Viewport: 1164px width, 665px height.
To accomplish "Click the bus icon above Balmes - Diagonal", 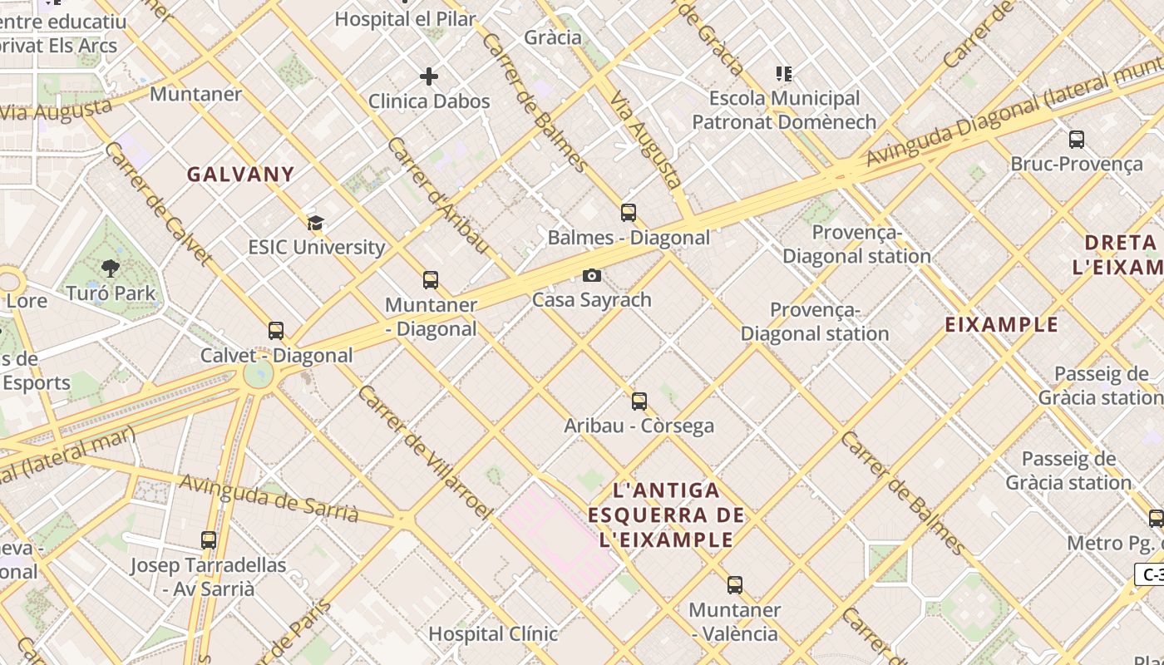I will point(629,213).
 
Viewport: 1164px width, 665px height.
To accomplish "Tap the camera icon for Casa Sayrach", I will point(591,275).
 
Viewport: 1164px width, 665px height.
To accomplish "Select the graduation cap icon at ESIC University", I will point(315,223).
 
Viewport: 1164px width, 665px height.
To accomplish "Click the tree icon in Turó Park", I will point(110,268).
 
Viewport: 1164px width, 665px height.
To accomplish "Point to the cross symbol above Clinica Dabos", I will point(428,77).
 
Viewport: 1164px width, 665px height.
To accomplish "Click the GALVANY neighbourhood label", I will point(240,175).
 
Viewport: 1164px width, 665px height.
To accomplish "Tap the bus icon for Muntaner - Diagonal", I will point(430,280).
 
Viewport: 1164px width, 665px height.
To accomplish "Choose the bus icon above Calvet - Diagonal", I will point(276,331).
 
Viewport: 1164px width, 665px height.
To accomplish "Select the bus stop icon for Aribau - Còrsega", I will point(639,401).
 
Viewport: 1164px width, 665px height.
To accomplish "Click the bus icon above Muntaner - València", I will point(734,585).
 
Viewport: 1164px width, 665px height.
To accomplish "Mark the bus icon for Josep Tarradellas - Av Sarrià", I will point(209,540).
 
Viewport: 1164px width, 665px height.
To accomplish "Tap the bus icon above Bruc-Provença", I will point(1076,140).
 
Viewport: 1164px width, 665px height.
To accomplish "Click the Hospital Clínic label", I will point(492,633).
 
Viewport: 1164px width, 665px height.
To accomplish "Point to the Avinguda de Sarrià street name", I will point(269,498).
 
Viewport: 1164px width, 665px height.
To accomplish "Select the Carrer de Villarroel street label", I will point(424,452).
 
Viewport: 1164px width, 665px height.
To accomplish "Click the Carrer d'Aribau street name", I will point(437,195).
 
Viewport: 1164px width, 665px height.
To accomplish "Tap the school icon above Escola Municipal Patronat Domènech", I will point(783,74).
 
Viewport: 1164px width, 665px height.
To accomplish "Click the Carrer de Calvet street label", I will point(157,203).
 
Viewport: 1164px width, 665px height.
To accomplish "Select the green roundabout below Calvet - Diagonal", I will point(259,374).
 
